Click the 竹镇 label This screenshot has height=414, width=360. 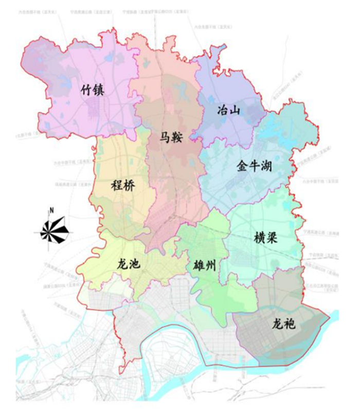click(93, 89)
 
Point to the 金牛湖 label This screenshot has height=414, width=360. click(254, 167)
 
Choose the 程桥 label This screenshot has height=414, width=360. click(123, 186)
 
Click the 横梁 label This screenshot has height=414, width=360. click(267, 238)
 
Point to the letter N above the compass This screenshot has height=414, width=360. click(51, 210)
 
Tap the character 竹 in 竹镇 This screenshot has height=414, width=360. click(86, 89)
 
